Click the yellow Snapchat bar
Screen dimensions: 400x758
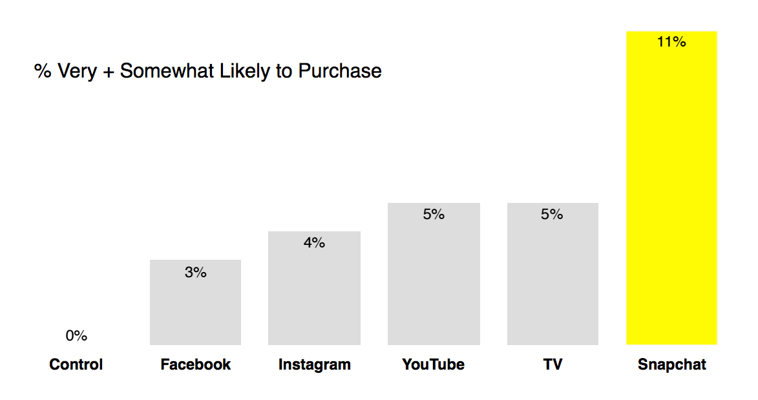coord(671,194)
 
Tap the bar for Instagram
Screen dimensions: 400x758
coord(314,294)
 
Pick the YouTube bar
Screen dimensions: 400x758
coord(434,281)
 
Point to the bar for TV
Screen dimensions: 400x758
coord(553,281)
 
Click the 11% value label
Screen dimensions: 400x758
coord(671,42)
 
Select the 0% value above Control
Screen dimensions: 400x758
coord(76,336)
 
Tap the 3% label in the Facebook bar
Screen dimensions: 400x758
coord(195,273)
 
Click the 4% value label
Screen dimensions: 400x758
coord(314,243)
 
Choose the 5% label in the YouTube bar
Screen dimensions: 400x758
coord(434,215)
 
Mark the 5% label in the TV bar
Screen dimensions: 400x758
coord(552,215)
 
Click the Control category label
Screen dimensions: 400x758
coord(76,364)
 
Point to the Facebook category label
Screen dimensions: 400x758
coord(195,364)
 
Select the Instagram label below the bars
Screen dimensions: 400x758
coord(314,364)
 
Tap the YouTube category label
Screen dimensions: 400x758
coord(434,364)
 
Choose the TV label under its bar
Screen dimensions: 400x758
coord(553,364)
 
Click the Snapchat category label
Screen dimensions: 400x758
coord(671,364)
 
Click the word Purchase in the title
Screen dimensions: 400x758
coord(340,71)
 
